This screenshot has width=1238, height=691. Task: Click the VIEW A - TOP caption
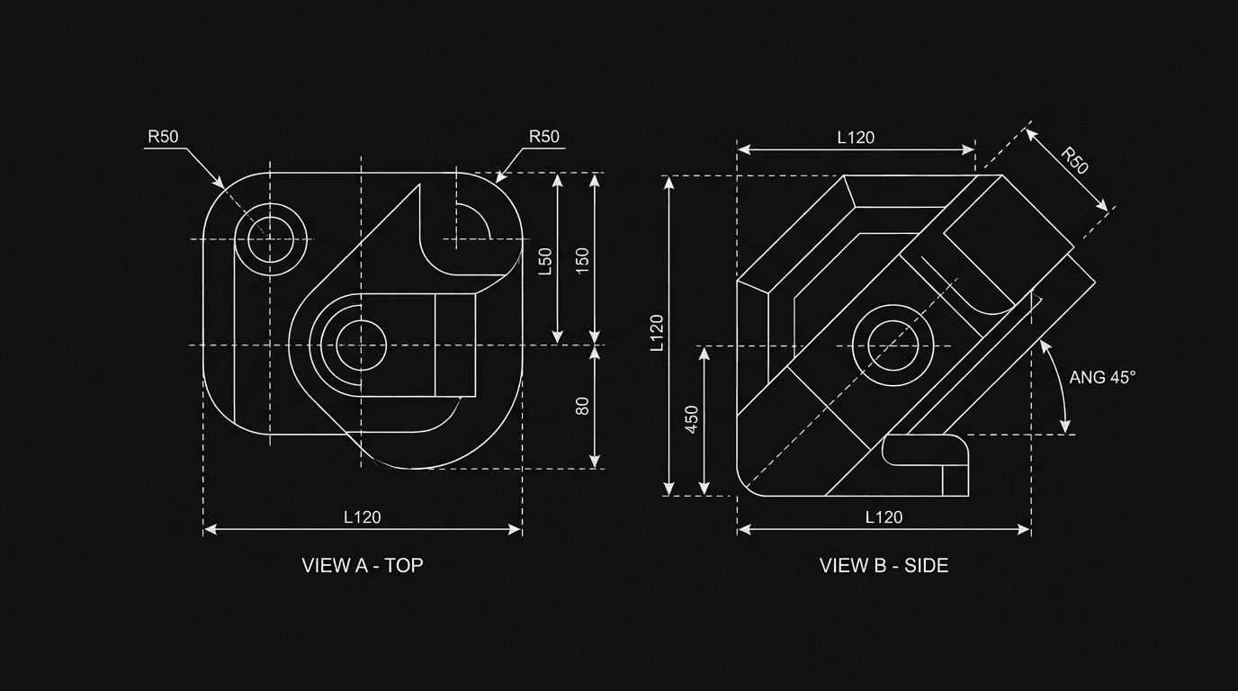(x=362, y=566)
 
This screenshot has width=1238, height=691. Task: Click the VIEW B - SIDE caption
(x=884, y=566)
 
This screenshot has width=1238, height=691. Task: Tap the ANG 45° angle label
(x=1102, y=378)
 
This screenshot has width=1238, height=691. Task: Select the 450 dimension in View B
(x=692, y=419)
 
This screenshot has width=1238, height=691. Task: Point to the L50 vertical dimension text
(x=544, y=261)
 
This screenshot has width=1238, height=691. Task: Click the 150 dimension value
(x=582, y=261)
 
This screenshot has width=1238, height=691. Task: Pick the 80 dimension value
(x=582, y=406)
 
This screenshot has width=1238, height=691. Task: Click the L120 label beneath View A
(x=362, y=517)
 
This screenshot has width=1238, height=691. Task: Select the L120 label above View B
(x=856, y=138)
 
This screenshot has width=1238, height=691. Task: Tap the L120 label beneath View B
(x=884, y=517)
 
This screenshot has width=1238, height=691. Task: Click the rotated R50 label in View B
(x=1074, y=160)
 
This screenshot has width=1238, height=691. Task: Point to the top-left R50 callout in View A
(x=163, y=137)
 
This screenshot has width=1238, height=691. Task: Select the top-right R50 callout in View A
(x=543, y=137)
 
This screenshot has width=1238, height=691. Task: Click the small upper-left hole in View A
(x=271, y=238)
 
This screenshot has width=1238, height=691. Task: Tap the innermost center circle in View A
(x=361, y=343)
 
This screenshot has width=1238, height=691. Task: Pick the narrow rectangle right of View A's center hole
(x=455, y=345)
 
